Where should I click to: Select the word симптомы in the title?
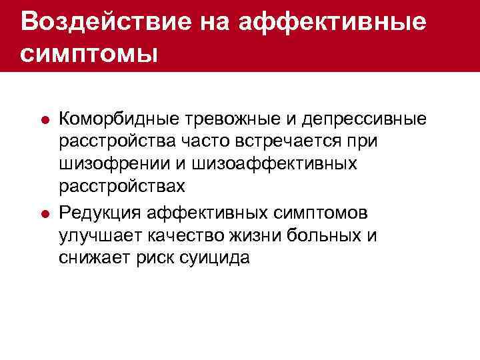pos(89,53)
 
